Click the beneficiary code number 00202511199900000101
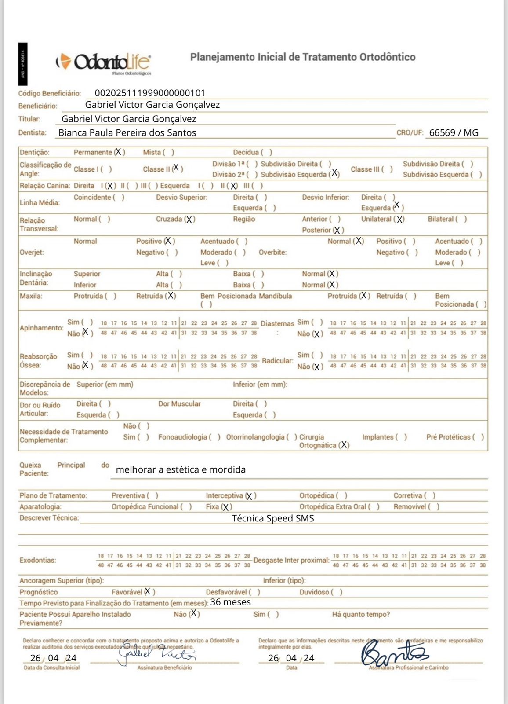pyautogui.click(x=150, y=93)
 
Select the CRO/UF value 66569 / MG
pyautogui.click(x=454, y=132)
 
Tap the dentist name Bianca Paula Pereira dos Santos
pyautogui.click(x=127, y=132)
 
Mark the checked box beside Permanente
pyautogui.click(x=119, y=152)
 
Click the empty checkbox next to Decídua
pyautogui.click(x=266, y=152)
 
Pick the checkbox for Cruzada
pyautogui.click(x=189, y=219)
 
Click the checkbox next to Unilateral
pyautogui.click(x=399, y=219)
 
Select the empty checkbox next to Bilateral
pyautogui.click(x=461, y=219)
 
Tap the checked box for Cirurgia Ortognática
pyautogui.click(x=345, y=445)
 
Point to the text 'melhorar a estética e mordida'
pyautogui.click(x=181, y=469)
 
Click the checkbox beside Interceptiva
pyautogui.click(x=250, y=496)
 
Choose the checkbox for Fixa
pyautogui.click(x=226, y=507)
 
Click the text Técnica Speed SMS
pyautogui.click(x=272, y=518)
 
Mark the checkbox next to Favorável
pyautogui.click(x=148, y=592)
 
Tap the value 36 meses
pyautogui.click(x=230, y=602)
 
